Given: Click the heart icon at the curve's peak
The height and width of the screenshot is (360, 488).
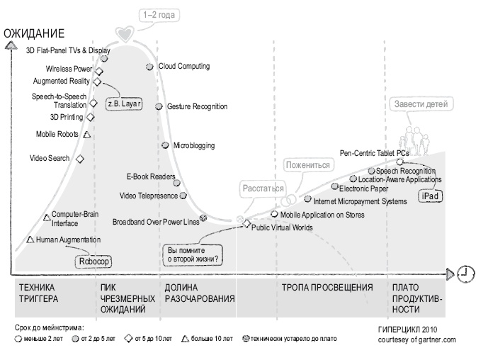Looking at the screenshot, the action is pos(125,33).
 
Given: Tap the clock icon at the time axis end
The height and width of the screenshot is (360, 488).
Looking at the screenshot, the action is pos(465,274).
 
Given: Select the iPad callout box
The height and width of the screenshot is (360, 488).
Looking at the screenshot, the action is pos(430,196).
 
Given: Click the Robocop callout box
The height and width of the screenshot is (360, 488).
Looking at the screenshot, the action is pos(93,261).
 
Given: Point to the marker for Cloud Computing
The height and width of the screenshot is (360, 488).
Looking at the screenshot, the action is pos(149,67).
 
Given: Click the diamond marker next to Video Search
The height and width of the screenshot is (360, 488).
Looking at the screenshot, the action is pos(80,159).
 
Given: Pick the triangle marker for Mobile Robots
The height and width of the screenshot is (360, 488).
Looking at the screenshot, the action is pos(87,135).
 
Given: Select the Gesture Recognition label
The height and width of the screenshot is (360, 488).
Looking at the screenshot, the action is pos(198,106).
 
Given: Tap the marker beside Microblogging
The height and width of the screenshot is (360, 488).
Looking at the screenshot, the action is pos(165,145).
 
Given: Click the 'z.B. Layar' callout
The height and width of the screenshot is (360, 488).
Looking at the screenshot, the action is pos(124,103).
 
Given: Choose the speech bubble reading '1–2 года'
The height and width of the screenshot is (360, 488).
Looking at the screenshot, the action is pos(159,15).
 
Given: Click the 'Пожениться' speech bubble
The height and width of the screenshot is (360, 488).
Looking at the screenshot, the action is pos(308,165).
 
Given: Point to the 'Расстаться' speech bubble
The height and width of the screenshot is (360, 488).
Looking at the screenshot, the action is pos(263,189).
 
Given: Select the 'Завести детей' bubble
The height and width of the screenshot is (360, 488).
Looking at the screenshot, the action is pos(421,104).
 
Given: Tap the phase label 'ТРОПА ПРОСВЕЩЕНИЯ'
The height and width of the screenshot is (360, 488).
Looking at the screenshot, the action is pos(327,288).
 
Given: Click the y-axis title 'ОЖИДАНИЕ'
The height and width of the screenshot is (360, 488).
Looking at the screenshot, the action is pos(34,33).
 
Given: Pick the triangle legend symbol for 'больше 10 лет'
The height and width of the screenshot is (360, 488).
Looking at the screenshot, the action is pos(185,339).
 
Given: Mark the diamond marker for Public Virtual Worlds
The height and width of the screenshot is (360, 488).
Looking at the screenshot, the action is pos(246,224).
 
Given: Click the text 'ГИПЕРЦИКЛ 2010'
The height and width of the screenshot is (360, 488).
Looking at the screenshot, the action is pos(407,330).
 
